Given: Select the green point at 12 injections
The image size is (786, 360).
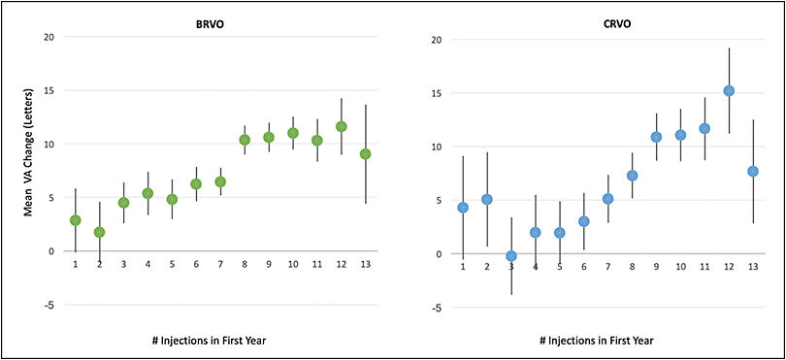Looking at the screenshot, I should [x=341, y=126].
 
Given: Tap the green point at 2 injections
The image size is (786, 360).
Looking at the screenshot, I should [x=99, y=232].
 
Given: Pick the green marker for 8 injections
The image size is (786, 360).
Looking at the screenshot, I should [x=245, y=140].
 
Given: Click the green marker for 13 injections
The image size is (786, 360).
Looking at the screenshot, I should [x=365, y=153].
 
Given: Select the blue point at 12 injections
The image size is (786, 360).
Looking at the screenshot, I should [x=729, y=91].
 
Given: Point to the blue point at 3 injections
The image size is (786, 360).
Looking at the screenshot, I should [x=511, y=256].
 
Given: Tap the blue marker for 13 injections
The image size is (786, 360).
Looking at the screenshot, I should [x=753, y=171].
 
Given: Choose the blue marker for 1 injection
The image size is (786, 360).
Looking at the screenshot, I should [x=463, y=208].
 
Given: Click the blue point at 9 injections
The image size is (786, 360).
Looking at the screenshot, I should [x=656, y=137].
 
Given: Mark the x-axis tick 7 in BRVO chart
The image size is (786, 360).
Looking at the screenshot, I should [x=220, y=263].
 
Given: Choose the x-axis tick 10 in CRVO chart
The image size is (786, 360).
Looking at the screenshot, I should [x=679, y=267].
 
